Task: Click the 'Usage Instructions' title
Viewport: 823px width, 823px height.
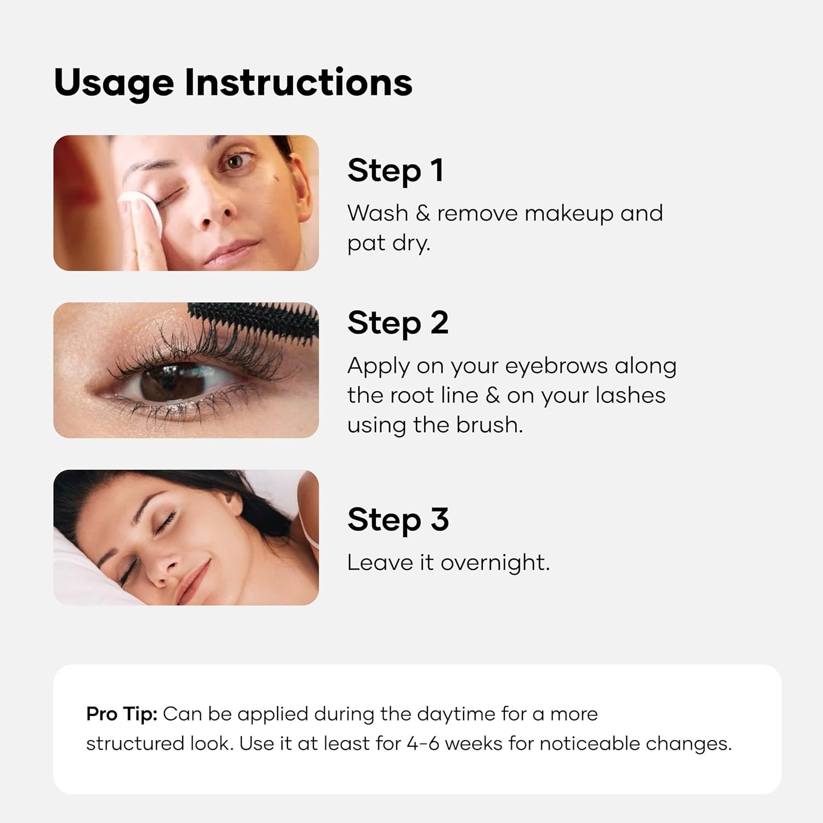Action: point(233,84)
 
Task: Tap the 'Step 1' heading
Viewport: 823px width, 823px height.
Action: point(395,171)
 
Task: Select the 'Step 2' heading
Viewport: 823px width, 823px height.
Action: point(398,323)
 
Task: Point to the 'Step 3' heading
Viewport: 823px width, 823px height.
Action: point(398,520)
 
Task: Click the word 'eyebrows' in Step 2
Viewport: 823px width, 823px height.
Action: point(556,367)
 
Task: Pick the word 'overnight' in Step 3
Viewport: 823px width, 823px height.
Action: point(495,563)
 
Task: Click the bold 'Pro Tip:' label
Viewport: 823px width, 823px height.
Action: point(122,714)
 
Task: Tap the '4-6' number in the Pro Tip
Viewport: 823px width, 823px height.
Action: point(423,743)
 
